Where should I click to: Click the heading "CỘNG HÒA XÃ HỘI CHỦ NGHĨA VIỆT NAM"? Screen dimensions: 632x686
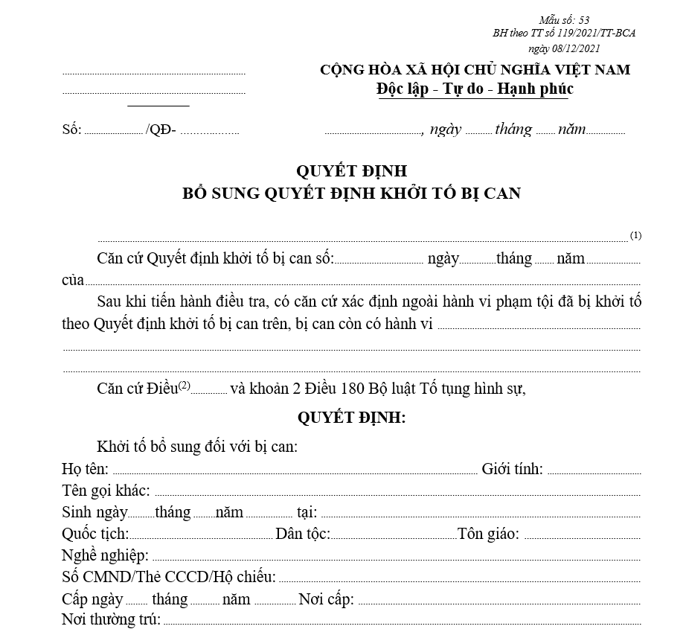(475, 70)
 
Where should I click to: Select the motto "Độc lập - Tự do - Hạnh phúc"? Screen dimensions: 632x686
(475, 89)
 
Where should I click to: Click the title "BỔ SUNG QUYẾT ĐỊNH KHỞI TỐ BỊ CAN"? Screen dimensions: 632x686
(352, 193)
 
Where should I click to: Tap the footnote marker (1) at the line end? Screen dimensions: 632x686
(635, 235)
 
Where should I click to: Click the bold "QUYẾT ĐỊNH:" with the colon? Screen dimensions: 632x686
(352, 418)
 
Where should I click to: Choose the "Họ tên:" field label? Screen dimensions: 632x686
(86, 469)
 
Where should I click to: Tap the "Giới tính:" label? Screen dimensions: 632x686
(512, 469)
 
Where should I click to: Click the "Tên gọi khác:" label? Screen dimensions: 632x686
(106, 491)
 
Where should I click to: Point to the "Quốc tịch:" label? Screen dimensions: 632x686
(95, 534)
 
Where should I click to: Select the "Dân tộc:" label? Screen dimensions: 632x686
(303, 534)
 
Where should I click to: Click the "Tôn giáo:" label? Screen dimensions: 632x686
(489, 534)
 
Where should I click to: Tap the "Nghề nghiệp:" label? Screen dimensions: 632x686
(106, 555)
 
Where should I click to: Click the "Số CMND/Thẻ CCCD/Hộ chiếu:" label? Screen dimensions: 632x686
(169, 577)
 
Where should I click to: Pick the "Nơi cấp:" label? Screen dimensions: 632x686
(326, 599)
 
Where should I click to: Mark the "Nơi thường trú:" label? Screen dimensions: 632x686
(112, 620)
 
